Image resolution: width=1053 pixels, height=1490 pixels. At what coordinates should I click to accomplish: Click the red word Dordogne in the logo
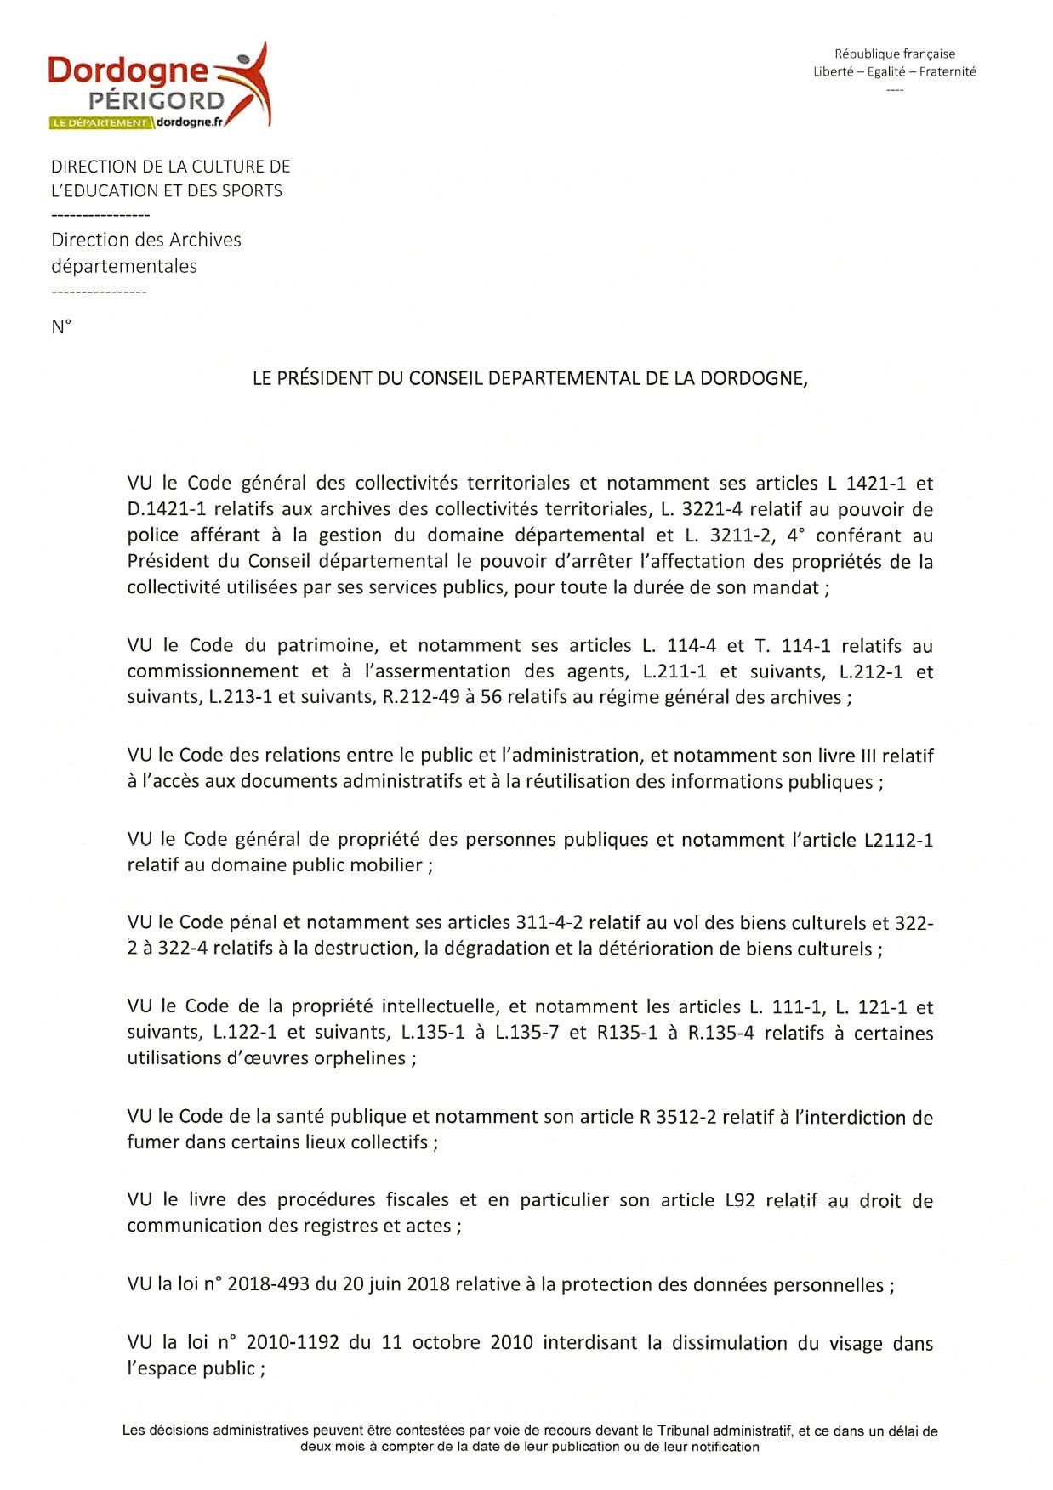point(128,71)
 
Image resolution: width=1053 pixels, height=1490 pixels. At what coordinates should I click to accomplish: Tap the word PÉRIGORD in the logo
point(157,101)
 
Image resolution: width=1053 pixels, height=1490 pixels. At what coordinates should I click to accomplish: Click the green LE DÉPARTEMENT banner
point(100,122)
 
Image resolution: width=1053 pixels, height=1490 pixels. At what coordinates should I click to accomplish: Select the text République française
point(894,54)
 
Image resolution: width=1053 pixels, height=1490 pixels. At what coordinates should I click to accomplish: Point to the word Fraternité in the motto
point(948,71)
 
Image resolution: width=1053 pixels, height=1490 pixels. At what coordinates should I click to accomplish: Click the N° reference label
point(61,327)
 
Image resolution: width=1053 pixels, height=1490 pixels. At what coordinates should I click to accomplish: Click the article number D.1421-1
point(168,510)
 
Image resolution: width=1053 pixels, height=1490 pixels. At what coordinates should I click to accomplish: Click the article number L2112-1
point(898,841)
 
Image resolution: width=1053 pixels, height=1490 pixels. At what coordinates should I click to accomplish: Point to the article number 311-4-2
point(549,923)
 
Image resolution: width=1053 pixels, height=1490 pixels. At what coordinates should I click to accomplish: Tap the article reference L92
point(740,1200)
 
